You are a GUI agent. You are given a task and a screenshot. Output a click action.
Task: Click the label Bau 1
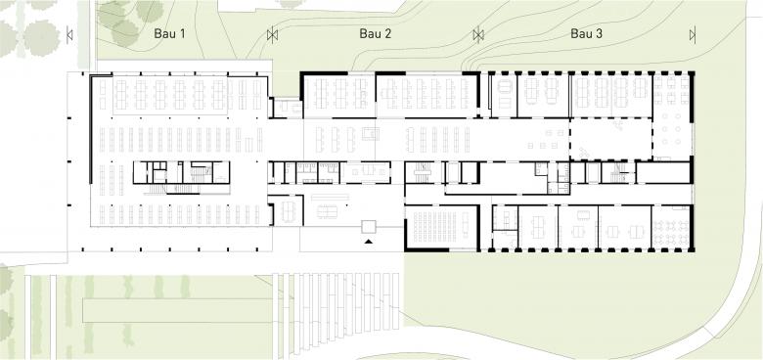[170, 34]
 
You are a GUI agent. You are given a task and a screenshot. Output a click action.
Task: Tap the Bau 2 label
[376, 34]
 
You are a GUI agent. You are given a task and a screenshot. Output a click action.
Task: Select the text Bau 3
[586, 34]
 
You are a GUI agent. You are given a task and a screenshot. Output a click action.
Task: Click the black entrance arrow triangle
[369, 241]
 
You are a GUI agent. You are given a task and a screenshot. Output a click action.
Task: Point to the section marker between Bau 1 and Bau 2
[273, 34]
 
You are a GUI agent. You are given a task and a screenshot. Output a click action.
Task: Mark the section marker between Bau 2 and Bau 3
[478, 34]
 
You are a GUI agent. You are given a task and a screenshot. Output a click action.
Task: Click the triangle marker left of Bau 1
[69, 34]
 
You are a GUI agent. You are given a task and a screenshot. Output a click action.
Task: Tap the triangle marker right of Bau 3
[693, 34]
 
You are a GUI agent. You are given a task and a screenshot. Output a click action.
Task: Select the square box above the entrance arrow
[369, 227]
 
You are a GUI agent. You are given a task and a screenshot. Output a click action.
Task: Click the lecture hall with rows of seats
[442, 227]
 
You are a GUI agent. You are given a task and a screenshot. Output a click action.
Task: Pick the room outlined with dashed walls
[610, 139]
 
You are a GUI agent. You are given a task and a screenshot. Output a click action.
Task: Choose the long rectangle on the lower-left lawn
[177, 310]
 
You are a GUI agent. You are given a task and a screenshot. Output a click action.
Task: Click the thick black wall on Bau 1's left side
[91, 129]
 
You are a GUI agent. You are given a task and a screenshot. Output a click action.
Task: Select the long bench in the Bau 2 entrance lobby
[331, 197]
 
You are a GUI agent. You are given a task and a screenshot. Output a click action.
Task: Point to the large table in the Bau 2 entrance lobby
[328, 211]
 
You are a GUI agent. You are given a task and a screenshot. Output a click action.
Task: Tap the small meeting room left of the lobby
[288, 210]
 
